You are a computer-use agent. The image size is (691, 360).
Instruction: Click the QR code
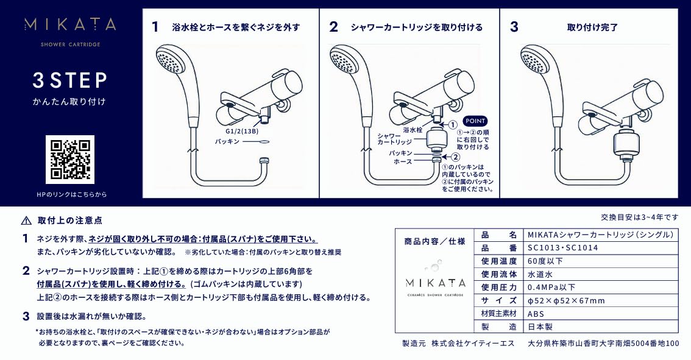pyautogui.click(x=70, y=160)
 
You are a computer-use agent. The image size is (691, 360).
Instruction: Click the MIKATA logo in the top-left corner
pyautogui.click(x=70, y=25)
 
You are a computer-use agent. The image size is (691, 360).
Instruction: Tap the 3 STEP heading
pyautogui.click(x=70, y=80)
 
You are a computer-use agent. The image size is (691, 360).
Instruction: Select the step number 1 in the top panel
pyautogui.click(x=155, y=27)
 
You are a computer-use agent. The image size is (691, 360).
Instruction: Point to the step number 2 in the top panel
pyautogui.click(x=333, y=27)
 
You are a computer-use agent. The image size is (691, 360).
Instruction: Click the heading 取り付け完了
pyautogui.click(x=592, y=27)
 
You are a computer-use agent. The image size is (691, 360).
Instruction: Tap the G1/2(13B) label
pyautogui.click(x=241, y=130)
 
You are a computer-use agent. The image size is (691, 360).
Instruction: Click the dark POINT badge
pyautogui.click(x=475, y=121)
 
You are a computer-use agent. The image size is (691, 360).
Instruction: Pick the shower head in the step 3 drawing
pyautogui.click(x=536, y=63)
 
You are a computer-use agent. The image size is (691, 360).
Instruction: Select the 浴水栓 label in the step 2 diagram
pyautogui.click(x=413, y=130)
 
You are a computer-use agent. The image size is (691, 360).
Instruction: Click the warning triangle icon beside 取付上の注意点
pyautogui.click(x=26, y=221)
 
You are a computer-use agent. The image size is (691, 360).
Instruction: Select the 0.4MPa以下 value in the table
pyautogui.click(x=551, y=287)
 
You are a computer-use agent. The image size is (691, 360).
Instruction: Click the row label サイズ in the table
pyautogui.click(x=498, y=300)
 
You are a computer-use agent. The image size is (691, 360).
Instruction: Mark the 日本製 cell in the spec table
pyautogui.click(x=540, y=327)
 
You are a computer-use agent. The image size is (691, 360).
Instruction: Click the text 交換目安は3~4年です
pyautogui.click(x=639, y=217)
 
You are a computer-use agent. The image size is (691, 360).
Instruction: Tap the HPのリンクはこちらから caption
pyautogui.click(x=71, y=194)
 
